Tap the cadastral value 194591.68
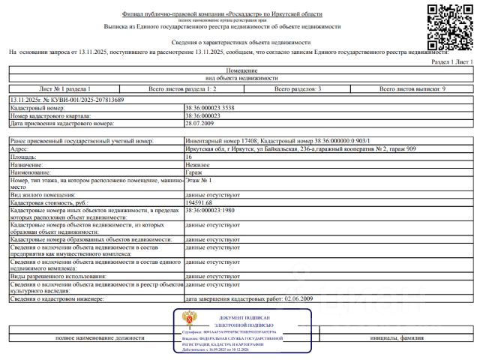click(x=199, y=202)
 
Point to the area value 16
click(x=188, y=157)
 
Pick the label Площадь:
click(x=25, y=157)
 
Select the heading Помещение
click(x=241, y=70)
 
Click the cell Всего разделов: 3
click(x=298, y=89)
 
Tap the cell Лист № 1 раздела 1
click(x=64, y=89)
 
